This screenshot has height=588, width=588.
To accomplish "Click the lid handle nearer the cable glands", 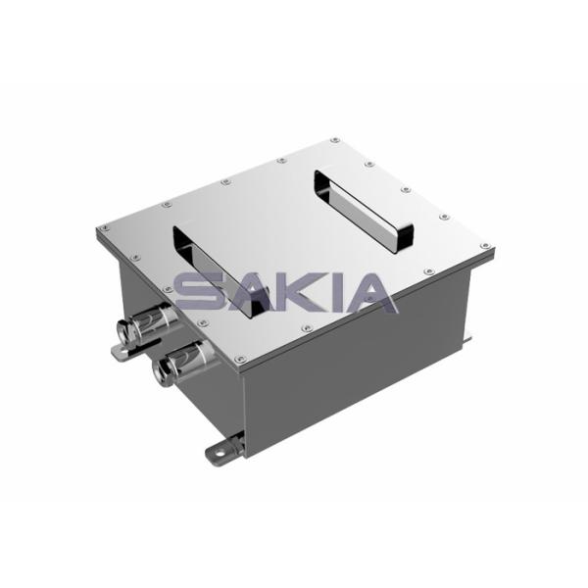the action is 221,270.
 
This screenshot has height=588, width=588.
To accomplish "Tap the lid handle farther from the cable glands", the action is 364,210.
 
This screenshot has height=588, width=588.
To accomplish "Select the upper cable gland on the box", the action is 146,325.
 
